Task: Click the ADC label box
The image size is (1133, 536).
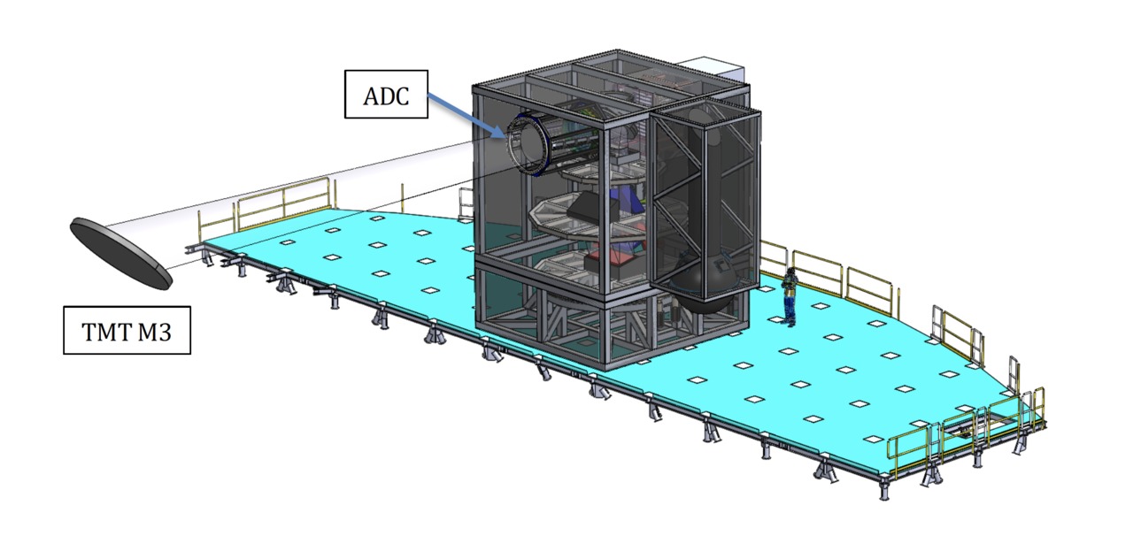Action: pos(386,95)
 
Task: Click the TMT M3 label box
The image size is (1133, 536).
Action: pos(127,330)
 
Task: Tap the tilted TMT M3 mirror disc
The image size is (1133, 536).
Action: pos(120,254)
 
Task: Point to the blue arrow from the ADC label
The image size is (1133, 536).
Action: pos(466,116)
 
